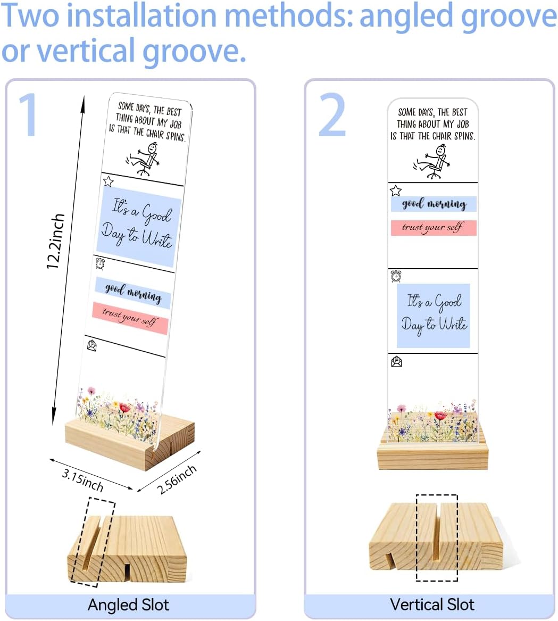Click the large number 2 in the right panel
click(x=332, y=115)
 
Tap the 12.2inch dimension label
click(x=55, y=242)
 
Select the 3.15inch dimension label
click(x=82, y=480)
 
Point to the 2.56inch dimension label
click(x=177, y=479)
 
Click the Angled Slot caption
click(x=128, y=605)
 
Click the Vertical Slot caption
click(x=432, y=605)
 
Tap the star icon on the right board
click(x=396, y=191)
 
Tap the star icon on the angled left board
click(x=108, y=181)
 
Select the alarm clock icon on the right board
click(x=396, y=276)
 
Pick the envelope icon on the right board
click(x=396, y=362)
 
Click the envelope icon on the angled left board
click(x=92, y=346)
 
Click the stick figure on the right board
click(x=432, y=162)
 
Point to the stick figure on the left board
click(x=144, y=159)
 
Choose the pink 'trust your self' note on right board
click(x=433, y=228)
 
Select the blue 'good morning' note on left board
click(x=133, y=293)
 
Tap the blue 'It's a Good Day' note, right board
click(x=433, y=316)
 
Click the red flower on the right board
click(x=440, y=416)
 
